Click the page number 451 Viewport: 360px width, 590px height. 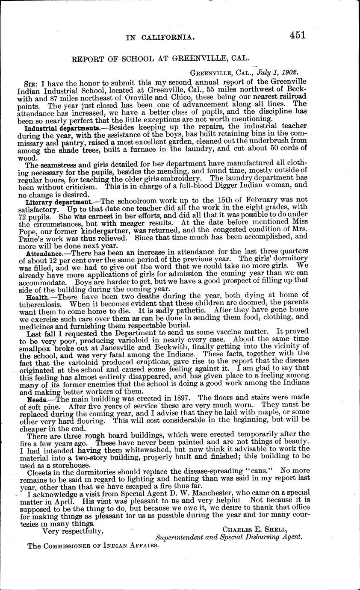297,35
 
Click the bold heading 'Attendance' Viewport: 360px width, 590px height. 44,254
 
